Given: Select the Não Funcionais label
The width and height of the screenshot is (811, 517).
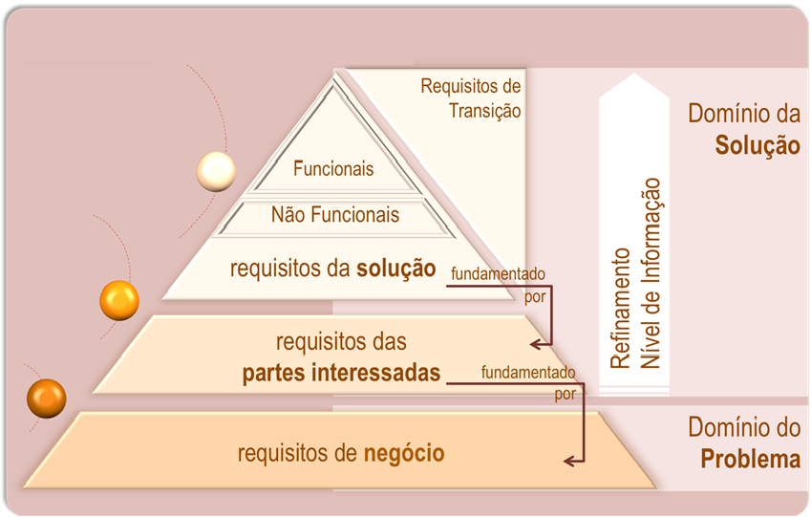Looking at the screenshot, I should pos(334,215).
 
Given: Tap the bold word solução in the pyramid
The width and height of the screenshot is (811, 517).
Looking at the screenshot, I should pos(396,268).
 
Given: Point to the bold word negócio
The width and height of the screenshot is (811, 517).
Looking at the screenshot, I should pos(404,452).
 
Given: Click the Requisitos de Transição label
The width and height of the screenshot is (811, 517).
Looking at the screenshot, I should pos(471,98).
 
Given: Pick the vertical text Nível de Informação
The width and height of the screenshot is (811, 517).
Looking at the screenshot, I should pos(652,272).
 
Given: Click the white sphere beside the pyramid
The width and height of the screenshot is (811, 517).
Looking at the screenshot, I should pos(216,172).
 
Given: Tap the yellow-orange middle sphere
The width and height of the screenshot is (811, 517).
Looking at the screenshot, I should pos(119,301).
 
